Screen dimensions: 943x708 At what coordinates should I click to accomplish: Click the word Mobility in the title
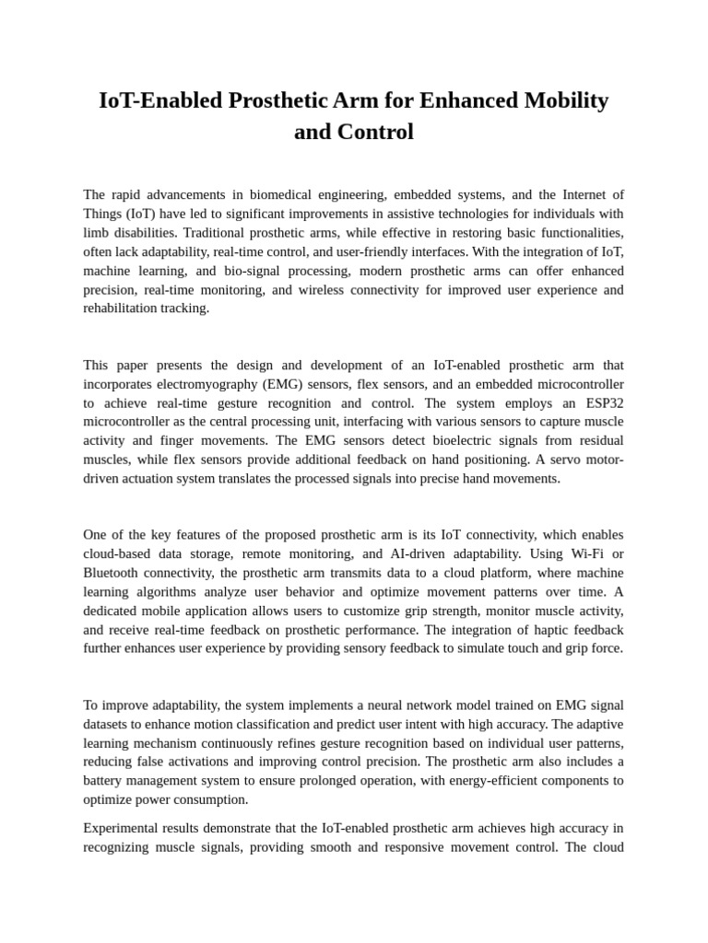coord(562,100)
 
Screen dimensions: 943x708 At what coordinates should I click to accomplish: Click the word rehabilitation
coord(124,309)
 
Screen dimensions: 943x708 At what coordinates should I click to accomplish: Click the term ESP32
coord(604,402)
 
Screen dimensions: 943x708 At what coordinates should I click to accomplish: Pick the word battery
coord(106,780)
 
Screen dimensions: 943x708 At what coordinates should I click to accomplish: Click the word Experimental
coord(125,828)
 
